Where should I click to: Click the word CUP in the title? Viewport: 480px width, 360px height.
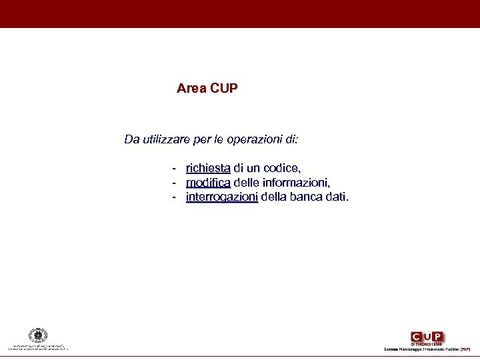coord(223,88)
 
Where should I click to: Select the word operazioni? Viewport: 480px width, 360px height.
coord(255,140)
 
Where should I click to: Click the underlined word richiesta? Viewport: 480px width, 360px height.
coord(208,168)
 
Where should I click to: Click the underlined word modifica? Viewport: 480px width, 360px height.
coord(208,183)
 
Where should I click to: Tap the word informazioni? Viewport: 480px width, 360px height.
coord(297,183)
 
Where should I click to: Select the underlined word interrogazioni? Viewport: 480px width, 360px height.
coord(222,197)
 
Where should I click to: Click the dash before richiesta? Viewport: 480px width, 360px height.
coord(174,168)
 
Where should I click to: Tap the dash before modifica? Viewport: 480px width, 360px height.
coord(174,183)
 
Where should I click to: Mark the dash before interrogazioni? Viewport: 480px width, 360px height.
coord(174,197)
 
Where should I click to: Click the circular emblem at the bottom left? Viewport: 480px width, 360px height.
coord(38,335)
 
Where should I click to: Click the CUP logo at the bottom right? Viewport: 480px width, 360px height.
coord(427,337)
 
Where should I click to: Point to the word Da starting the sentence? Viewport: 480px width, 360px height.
coord(131,140)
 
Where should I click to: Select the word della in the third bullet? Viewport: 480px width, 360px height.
coord(275,197)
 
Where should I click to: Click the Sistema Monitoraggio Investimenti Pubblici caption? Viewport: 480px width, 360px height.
coord(427,349)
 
